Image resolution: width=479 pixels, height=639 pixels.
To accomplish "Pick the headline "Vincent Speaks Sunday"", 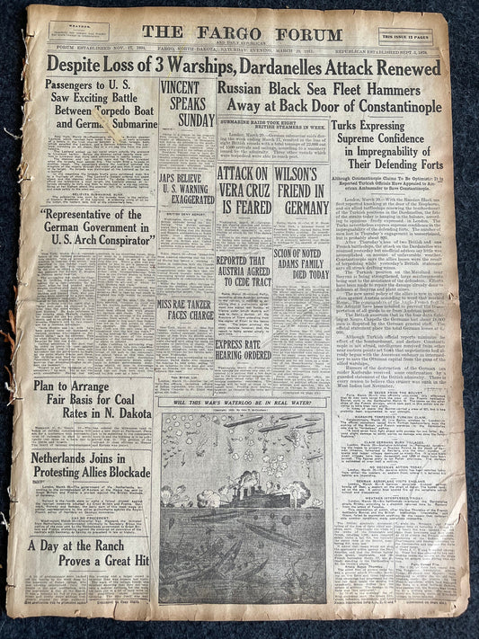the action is click(x=183, y=102).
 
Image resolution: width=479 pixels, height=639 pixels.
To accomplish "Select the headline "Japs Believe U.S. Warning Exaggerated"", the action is click(x=183, y=166).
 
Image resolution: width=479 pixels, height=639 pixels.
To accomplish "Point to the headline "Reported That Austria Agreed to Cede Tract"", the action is click(x=242, y=271).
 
